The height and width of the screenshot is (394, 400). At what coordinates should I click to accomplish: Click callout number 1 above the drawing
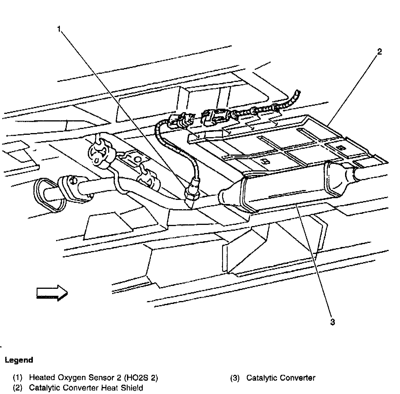(59, 29)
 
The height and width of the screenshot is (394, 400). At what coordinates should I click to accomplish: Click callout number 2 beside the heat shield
(379, 52)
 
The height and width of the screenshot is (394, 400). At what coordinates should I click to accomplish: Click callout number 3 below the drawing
(332, 322)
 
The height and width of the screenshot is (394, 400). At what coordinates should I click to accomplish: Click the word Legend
(19, 360)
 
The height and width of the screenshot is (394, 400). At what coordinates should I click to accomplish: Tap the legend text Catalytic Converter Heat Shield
(86, 388)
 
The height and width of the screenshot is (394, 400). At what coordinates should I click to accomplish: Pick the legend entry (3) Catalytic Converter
(273, 378)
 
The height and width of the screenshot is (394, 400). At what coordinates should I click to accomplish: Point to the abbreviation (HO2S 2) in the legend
(141, 378)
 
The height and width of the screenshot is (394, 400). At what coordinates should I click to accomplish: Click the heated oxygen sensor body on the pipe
(192, 192)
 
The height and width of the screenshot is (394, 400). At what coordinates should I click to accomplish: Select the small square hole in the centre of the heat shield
(264, 161)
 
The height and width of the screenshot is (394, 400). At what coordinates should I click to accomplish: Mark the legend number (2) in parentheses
(17, 388)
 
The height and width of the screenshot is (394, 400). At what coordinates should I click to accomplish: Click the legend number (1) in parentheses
(17, 378)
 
